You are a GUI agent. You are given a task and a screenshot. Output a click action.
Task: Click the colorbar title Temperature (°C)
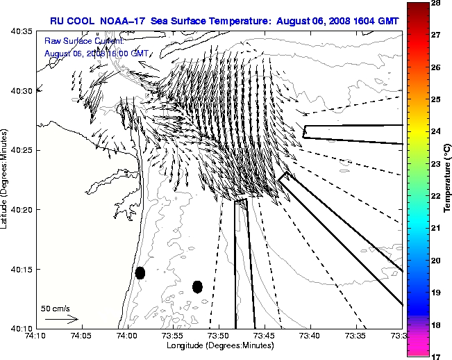pos(449,179)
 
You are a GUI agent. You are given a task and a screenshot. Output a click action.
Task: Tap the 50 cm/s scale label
pos(56,308)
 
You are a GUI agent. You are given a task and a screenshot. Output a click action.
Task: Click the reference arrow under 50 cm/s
pos(61,319)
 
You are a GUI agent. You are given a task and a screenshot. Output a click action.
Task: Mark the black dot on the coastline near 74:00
pos(140,272)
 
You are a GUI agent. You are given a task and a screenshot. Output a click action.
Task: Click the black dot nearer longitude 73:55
pos(197,286)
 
